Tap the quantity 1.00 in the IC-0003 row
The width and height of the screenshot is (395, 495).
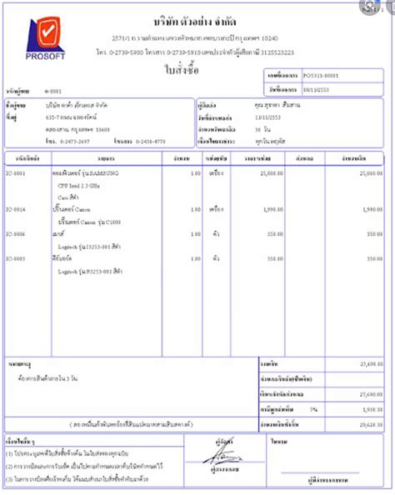195,259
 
